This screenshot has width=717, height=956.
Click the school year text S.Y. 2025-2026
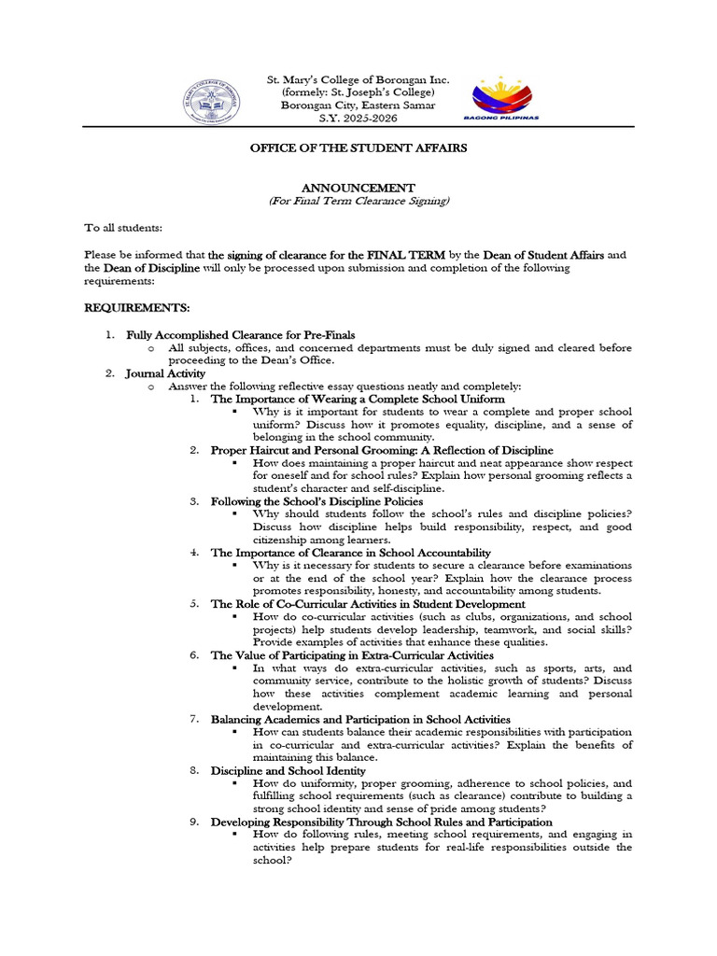358,119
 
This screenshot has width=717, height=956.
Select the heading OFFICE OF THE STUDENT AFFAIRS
358,148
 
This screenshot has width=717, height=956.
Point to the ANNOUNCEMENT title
358,188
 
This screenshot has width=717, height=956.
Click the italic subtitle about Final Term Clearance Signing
358,201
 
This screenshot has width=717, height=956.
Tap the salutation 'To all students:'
123,228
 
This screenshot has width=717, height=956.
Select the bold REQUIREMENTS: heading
137,307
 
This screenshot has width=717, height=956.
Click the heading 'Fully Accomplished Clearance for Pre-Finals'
241,334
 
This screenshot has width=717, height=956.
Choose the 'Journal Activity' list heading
165,373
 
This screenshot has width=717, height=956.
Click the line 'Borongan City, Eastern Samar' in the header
358,105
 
